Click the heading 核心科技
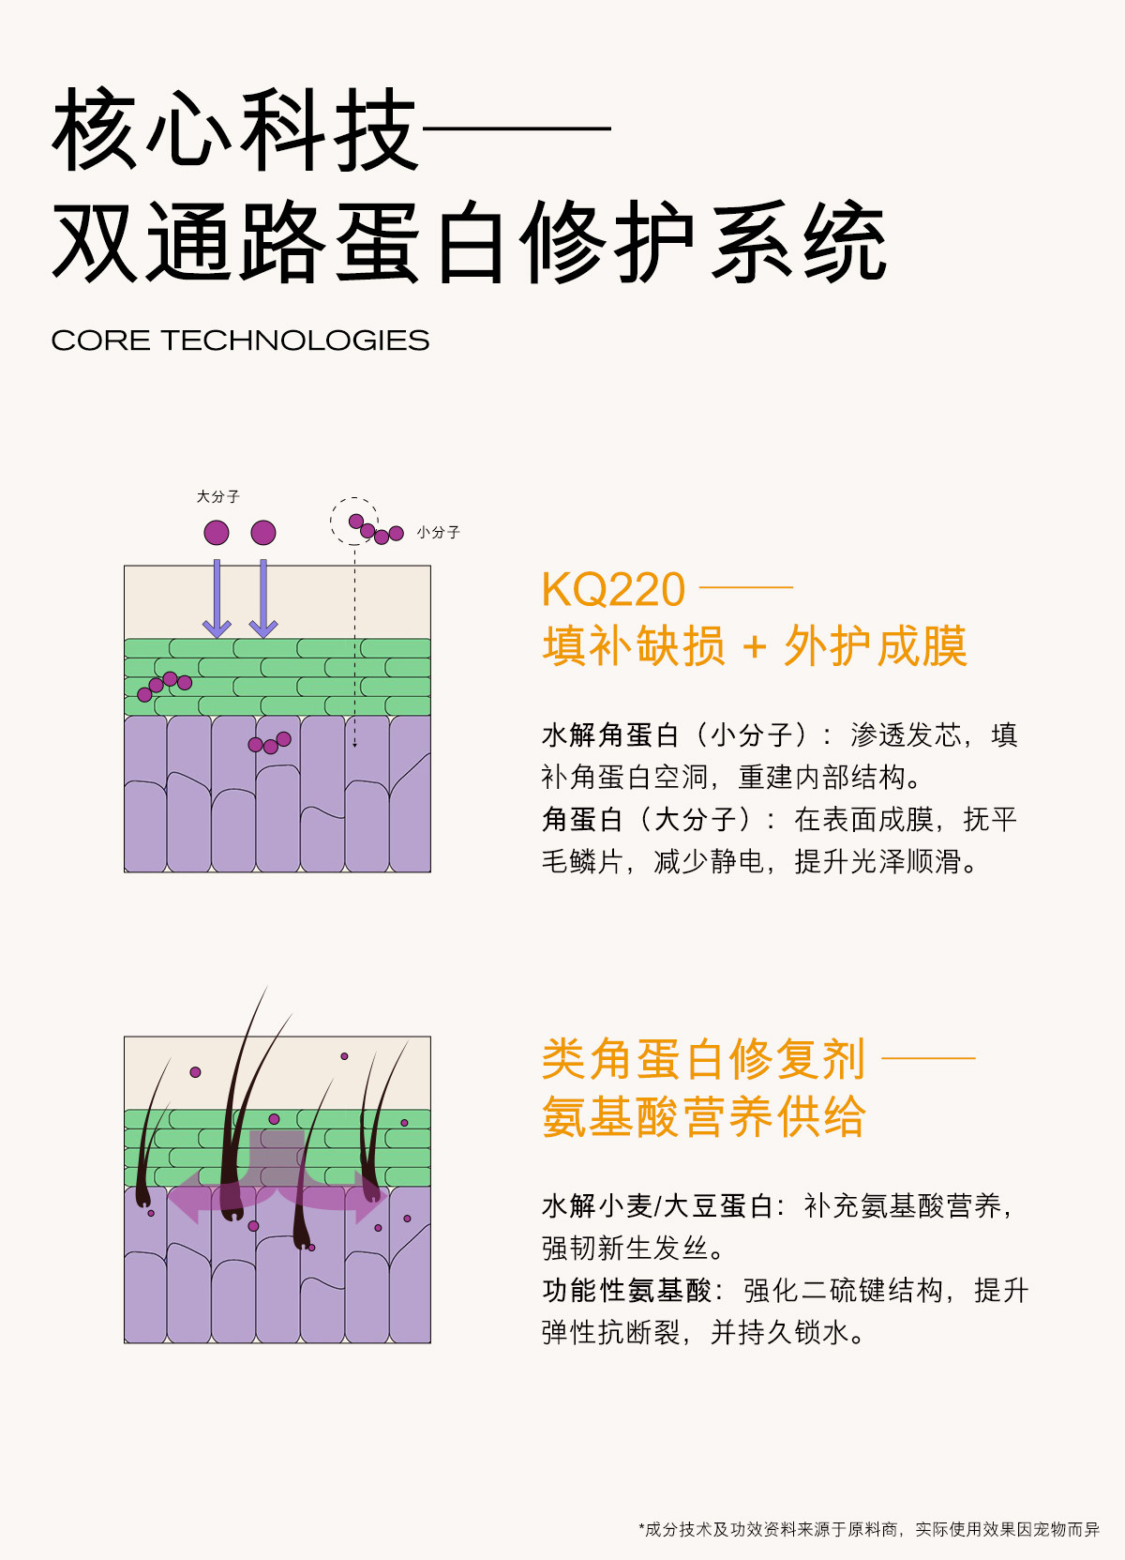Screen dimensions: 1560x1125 (x=234, y=130)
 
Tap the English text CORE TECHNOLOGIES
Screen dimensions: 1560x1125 (x=240, y=341)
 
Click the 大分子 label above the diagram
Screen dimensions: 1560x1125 (x=217, y=496)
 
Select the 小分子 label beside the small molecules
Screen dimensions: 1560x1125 (x=438, y=532)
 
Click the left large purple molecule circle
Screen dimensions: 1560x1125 (x=217, y=533)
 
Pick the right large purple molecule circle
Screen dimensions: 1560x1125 (x=263, y=533)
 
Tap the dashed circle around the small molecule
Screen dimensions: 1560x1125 (x=353, y=521)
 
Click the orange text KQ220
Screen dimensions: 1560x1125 (x=613, y=590)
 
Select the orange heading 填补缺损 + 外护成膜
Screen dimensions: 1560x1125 (x=755, y=646)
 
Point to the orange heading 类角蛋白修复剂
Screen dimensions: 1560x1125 (x=703, y=1059)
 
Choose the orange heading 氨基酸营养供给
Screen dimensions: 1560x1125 (x=703, y=1116)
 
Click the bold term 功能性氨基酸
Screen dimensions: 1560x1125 (x=627, y=1291)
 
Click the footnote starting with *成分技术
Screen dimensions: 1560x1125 (x=868, y=1529)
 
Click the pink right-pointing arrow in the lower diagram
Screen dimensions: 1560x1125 (x=366, y=1199)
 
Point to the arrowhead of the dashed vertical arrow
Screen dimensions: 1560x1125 (x=354, y=743)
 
